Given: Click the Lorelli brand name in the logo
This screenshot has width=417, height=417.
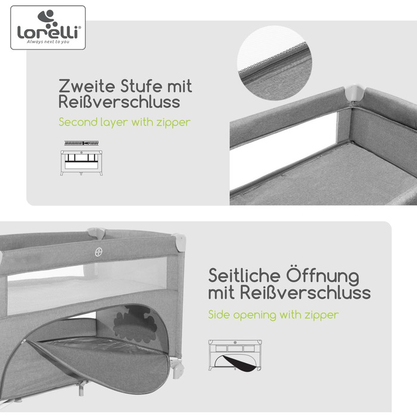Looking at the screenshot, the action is (48, 32).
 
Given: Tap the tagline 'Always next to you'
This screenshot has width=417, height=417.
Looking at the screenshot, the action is (48, 42).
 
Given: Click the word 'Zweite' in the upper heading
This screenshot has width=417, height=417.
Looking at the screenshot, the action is (87, 86).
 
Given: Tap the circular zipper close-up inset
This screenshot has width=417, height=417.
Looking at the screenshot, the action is (274, 63).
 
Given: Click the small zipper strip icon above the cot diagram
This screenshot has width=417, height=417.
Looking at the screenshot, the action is (82, 143).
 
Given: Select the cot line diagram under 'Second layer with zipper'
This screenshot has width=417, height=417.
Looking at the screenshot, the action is (82, 163).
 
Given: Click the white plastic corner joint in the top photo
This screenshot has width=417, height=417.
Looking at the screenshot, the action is (355, 94).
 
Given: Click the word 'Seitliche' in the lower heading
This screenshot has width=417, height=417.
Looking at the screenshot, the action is (244, 276).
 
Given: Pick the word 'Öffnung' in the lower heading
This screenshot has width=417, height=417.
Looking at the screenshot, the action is (323, 276).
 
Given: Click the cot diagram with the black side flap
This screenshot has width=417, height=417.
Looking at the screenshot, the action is (235, 355).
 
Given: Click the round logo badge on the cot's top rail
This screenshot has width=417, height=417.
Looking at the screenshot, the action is (99, 252).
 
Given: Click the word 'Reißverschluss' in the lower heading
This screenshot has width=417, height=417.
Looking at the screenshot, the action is (305, 292).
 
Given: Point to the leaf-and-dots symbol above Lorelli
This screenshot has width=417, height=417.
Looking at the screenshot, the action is (48, 18).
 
